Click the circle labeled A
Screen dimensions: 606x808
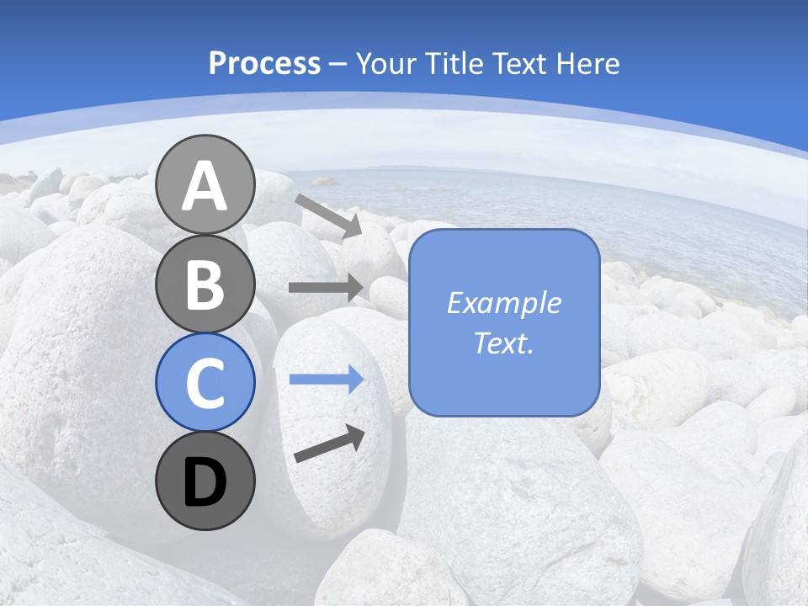coord(205,184)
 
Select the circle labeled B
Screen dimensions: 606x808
coord(205,284)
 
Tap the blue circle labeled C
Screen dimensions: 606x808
coord(205,383)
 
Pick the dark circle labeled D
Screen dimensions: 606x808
coord(205,481)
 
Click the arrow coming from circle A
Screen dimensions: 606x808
coord(328,215)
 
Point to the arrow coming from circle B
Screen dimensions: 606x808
coord(326,288)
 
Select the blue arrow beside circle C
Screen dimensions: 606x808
coord(326,380)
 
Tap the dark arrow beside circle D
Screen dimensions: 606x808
coord(329,444)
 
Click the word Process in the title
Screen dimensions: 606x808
coord(264,64)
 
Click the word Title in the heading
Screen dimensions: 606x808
coord(455,64)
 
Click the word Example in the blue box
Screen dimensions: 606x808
coord(503,303)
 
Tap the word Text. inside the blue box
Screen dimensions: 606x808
coord(503,343)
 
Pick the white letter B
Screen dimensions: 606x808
coord(205,284)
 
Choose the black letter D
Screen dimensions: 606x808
coord(205,482)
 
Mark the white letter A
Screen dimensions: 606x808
coord(205,186)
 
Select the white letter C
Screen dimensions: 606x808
coord(205,384)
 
